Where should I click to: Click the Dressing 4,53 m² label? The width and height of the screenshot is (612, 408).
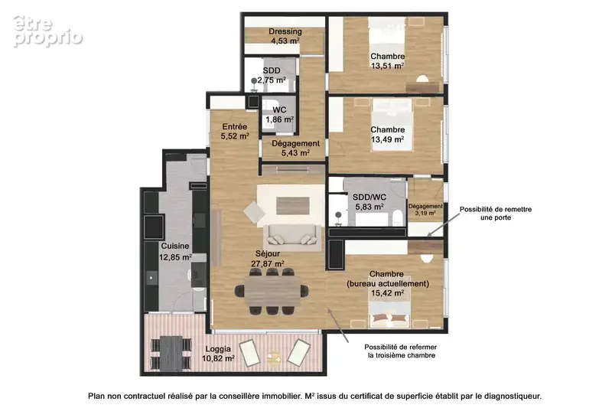click(x=285, y=36)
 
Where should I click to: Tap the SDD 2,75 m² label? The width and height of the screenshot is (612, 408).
click(x=272, y=75)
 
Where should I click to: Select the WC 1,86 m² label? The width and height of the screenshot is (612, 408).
click(x=279, y=115)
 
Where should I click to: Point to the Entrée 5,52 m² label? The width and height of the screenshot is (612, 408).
click(x=235, y=132)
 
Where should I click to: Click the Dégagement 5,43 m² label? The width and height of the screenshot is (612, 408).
click(x=295, y=148)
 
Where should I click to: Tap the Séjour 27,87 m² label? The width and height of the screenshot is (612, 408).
click(x=267, y=259)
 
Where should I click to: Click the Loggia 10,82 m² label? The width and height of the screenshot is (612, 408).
click(x=218, y=354)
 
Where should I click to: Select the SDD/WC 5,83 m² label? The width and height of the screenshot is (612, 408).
click(x=369, y=202)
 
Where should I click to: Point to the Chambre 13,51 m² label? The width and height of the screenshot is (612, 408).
click(x=388, y=61)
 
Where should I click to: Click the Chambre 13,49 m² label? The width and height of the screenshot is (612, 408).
click(x=388, y=134)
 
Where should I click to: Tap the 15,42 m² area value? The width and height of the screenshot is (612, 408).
click(x=387, y=293)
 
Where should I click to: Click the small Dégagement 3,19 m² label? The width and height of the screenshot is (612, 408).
click(x=425, y=210)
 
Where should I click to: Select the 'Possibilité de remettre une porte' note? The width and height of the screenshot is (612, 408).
click(x=496, y=213)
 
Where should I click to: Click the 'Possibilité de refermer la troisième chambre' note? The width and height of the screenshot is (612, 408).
click(x=401, y=351)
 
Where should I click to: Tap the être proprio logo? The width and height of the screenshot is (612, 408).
click(x=47, y=31)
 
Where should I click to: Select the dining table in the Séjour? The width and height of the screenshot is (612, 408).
click(x=273, y=291)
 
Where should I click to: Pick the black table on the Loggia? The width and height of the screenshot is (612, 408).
click(x=171, y=353)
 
